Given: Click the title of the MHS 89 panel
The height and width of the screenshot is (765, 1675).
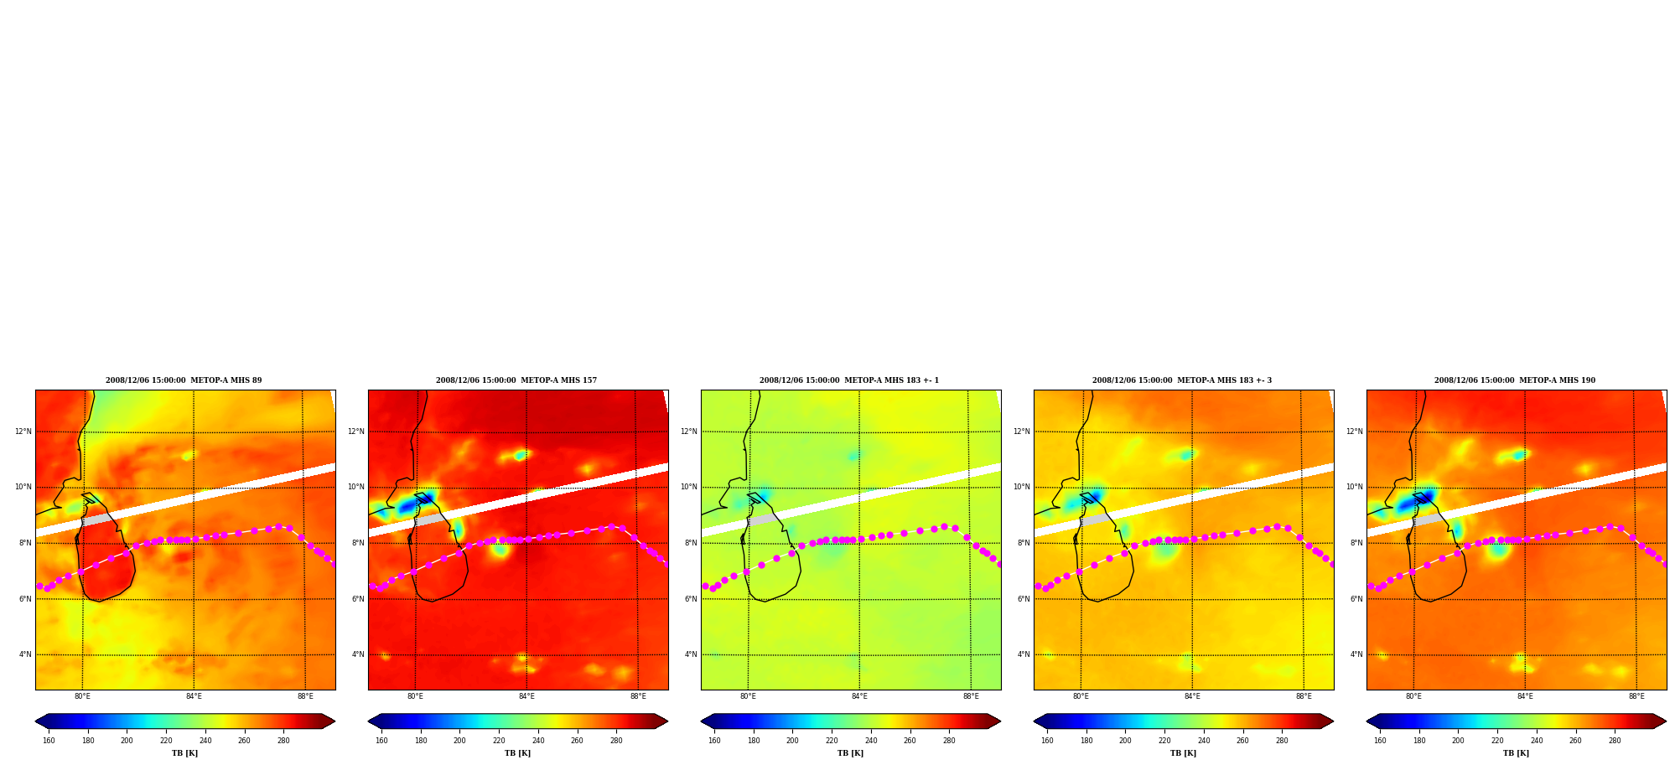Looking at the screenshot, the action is tap(184, 380).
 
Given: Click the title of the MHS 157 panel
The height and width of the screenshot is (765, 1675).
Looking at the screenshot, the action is tap(516, 380).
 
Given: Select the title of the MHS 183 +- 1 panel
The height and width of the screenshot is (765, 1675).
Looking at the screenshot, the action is tap(849, 380).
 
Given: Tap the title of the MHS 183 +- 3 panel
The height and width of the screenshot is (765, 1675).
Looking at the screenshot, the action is tap(1182, 380).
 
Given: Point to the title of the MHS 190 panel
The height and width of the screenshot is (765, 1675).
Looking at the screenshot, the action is tap(1515, 380).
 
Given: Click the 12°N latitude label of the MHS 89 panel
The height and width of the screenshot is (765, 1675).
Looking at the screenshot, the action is tap(23, 432).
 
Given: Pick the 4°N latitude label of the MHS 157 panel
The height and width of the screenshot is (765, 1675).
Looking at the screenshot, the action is tap(358, 655).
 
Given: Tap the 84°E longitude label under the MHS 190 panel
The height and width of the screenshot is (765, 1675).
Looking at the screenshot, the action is tap(1525, 696).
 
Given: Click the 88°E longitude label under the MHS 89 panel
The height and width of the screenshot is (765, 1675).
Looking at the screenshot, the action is tap(305, 696).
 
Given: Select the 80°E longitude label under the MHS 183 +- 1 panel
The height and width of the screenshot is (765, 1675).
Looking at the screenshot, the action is tap(748, 696).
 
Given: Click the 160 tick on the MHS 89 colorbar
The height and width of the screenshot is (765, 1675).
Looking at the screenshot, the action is tap(49, 741).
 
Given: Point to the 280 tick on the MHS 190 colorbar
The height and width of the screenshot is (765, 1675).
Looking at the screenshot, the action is tap(1615, 741).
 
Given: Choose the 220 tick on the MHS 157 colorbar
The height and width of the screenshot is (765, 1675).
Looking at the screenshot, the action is tap(499, 741).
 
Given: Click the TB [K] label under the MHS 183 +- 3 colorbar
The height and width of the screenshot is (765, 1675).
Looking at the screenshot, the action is tap(1183, 753).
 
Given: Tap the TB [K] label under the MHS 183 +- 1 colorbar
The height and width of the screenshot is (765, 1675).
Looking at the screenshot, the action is tap(850, 753).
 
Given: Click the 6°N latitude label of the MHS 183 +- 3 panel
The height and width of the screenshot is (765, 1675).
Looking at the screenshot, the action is tap(1024, 599).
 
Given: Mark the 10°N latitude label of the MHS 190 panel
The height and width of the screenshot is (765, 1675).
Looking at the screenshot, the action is tap(1354, 488).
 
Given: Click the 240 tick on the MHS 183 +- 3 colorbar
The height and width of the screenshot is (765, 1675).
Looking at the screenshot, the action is tap(1204, 741).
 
